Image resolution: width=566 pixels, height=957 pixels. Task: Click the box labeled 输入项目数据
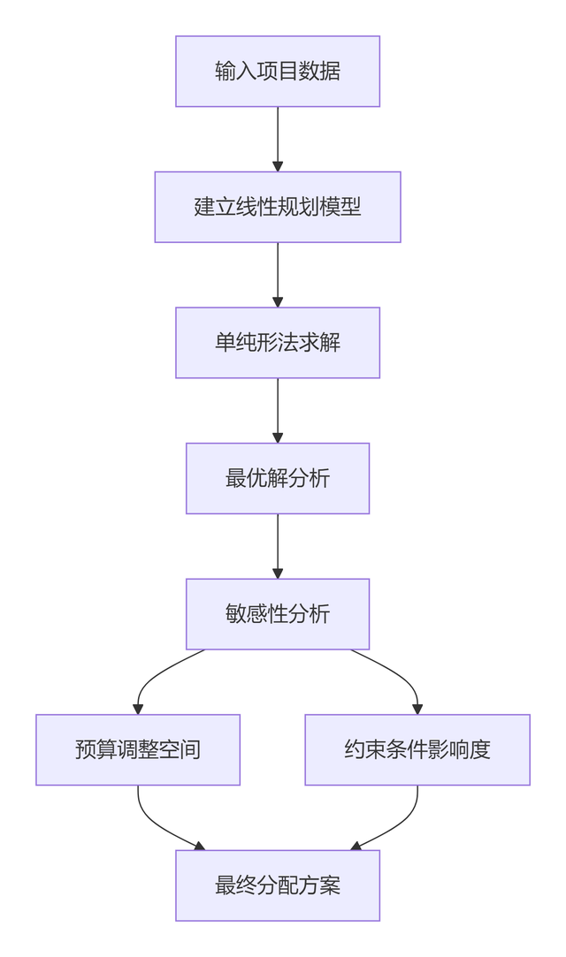click(277, 72)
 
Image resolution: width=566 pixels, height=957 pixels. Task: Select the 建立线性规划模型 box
click(277, 207)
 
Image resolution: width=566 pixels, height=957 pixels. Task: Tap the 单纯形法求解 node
click(277, 343)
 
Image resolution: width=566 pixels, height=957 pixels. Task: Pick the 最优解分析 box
click(277, 478)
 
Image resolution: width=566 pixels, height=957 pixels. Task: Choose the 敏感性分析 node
click(277, 614)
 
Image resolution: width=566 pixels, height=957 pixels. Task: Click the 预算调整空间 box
click(138, 749)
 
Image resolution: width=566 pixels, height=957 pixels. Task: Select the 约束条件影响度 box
click(417, 749)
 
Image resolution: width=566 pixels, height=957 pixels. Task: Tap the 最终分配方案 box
click(277, 885)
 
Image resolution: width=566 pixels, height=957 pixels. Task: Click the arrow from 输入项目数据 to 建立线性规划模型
click(278, 137)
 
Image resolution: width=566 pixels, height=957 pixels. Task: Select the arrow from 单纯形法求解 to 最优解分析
click(278, 408)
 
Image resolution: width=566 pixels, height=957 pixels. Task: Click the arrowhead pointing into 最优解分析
click(278, 437)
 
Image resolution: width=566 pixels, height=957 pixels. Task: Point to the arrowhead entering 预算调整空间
click(138, 709)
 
